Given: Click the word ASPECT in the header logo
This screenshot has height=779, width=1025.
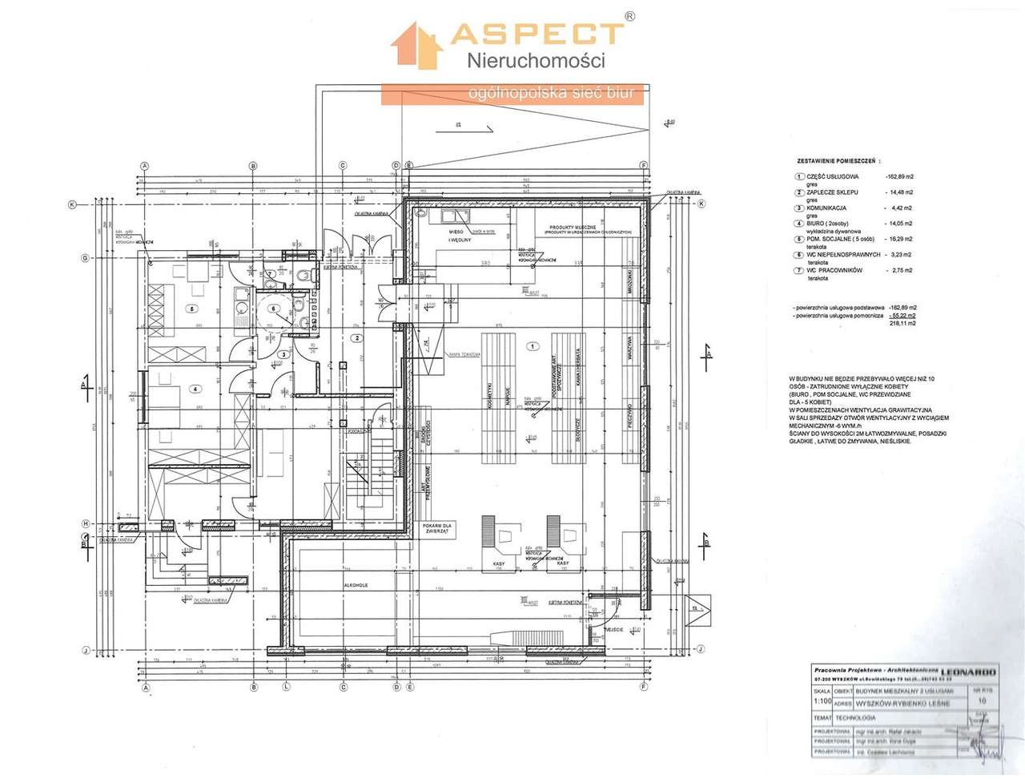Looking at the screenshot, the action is pyautogui.click(x=537, y=33).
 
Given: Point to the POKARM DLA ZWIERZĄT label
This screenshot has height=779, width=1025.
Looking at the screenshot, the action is pyautogui.click(x=440, y=528).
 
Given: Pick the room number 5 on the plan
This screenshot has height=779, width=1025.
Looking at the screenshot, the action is pyautogui.click(x=191, y=308).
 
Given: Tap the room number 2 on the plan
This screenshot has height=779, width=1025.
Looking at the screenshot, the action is pyautogui.click(x=356, y=338).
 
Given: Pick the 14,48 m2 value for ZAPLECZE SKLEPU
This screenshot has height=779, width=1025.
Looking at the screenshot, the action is pyautogui.click(x=898, y=192).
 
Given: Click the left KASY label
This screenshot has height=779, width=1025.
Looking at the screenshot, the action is pyautogui.click(x=498, y=564).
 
